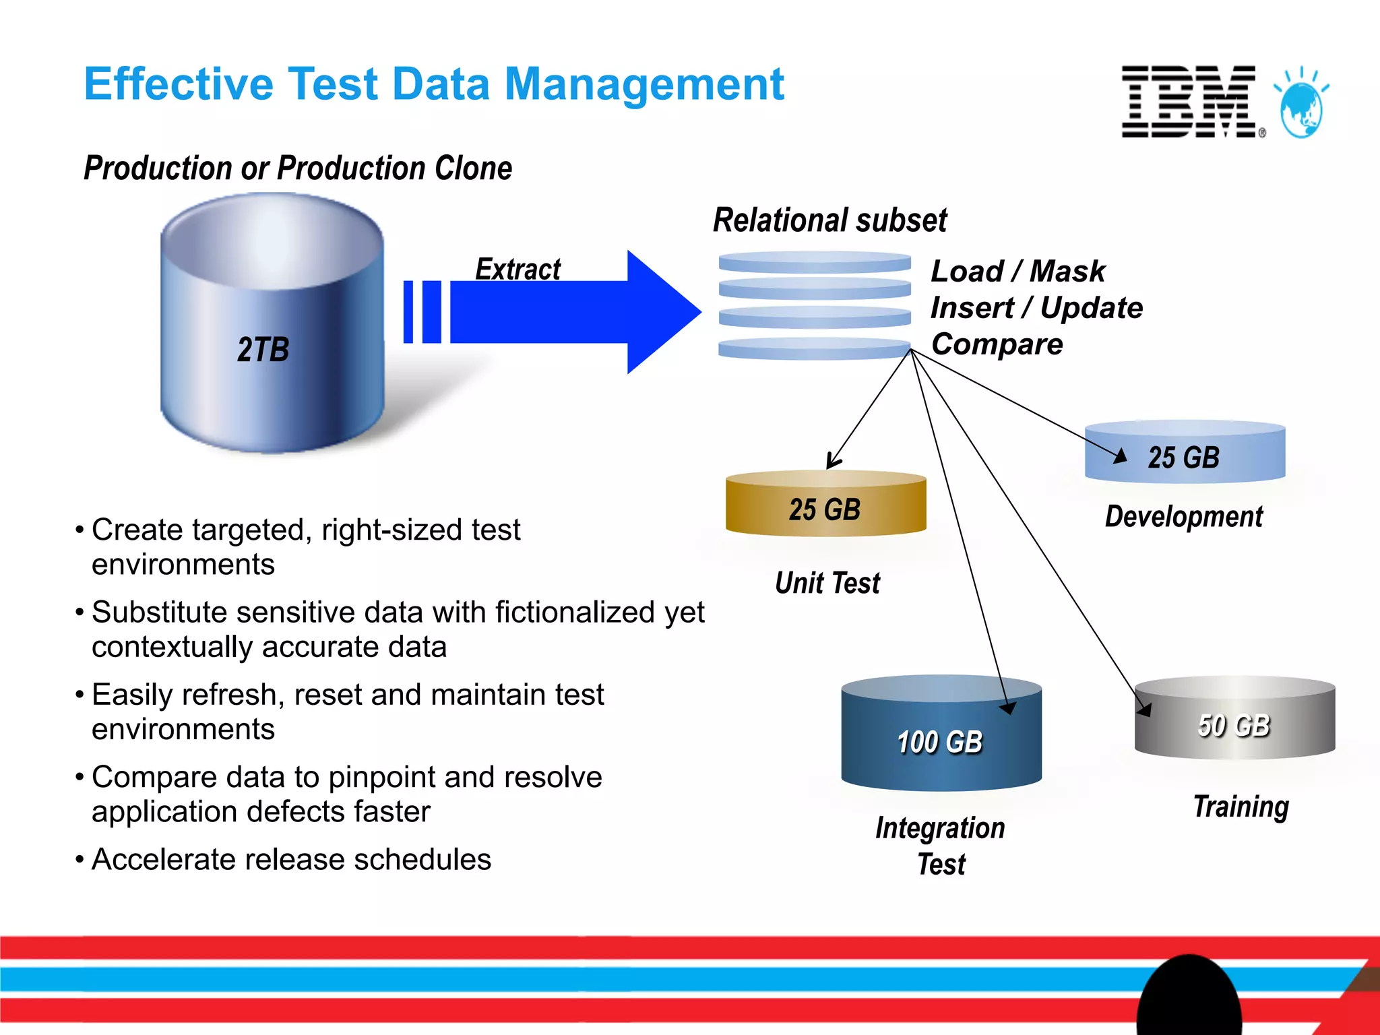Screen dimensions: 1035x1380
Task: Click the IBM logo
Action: (x=1189, y=102)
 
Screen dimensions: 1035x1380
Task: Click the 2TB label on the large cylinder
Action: (x=263, y=350)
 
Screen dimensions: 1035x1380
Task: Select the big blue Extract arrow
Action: (x=573, y=312)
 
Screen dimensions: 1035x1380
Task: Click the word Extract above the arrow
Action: (x=517, y=269)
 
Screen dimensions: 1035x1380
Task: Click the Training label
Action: (x=1241, y=806)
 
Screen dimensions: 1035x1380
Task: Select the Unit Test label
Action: (x=827, y=583)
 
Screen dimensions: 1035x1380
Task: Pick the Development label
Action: (x=1184, y=517)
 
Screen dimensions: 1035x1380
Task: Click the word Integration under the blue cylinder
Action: (x=940, y=828)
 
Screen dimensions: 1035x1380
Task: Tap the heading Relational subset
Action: (x=829, y=220)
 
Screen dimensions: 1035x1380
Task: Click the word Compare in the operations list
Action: (x=997, y=344)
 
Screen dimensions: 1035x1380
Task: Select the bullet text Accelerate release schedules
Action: (x=291, y=859)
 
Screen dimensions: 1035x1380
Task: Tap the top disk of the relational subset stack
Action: (x=814, y=262)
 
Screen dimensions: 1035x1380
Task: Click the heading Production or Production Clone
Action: (x=297, y=168)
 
